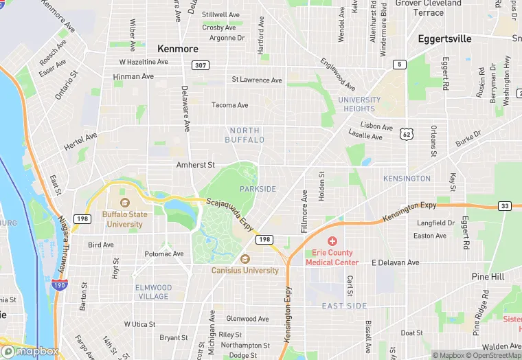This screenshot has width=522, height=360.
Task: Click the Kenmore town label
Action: [x=178, y=49]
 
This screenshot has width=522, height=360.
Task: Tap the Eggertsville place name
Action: [x=445, y=39]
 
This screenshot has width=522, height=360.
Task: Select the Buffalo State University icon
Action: [x=124, y=203]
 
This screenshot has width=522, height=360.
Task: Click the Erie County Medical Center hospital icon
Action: [x=332, y=241]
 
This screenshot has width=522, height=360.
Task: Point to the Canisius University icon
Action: [x=245, y=259]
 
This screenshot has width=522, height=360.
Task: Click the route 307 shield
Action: [x=200, y=65]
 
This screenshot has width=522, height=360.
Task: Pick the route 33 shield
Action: [x=505, y=206]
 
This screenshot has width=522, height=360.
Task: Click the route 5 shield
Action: [x=399, y=65]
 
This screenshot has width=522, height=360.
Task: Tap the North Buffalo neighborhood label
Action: [x=245, y=135]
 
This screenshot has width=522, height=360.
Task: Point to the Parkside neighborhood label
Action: [x=258, y=189]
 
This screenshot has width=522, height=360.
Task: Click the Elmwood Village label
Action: [x=152, y=292]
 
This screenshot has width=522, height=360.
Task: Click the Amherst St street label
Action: [x=196, y=165]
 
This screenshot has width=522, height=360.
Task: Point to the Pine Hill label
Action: [x=488, y=276]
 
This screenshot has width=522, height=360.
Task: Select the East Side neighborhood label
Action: [x=344, y=306]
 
